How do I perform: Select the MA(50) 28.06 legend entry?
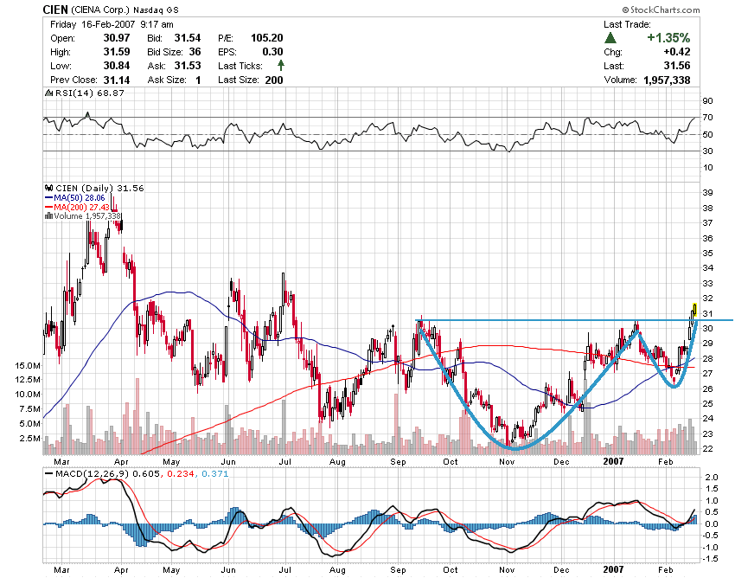[75, 197]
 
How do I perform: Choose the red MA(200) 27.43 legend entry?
[78, 207]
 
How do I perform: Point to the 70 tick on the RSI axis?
[706, 118]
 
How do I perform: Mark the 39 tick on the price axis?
[706, 192]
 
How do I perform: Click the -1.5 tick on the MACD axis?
[708, 559]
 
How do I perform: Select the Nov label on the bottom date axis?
[507, 570]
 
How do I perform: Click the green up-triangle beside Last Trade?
[610, 38]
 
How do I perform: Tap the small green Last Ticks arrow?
[281, 66]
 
